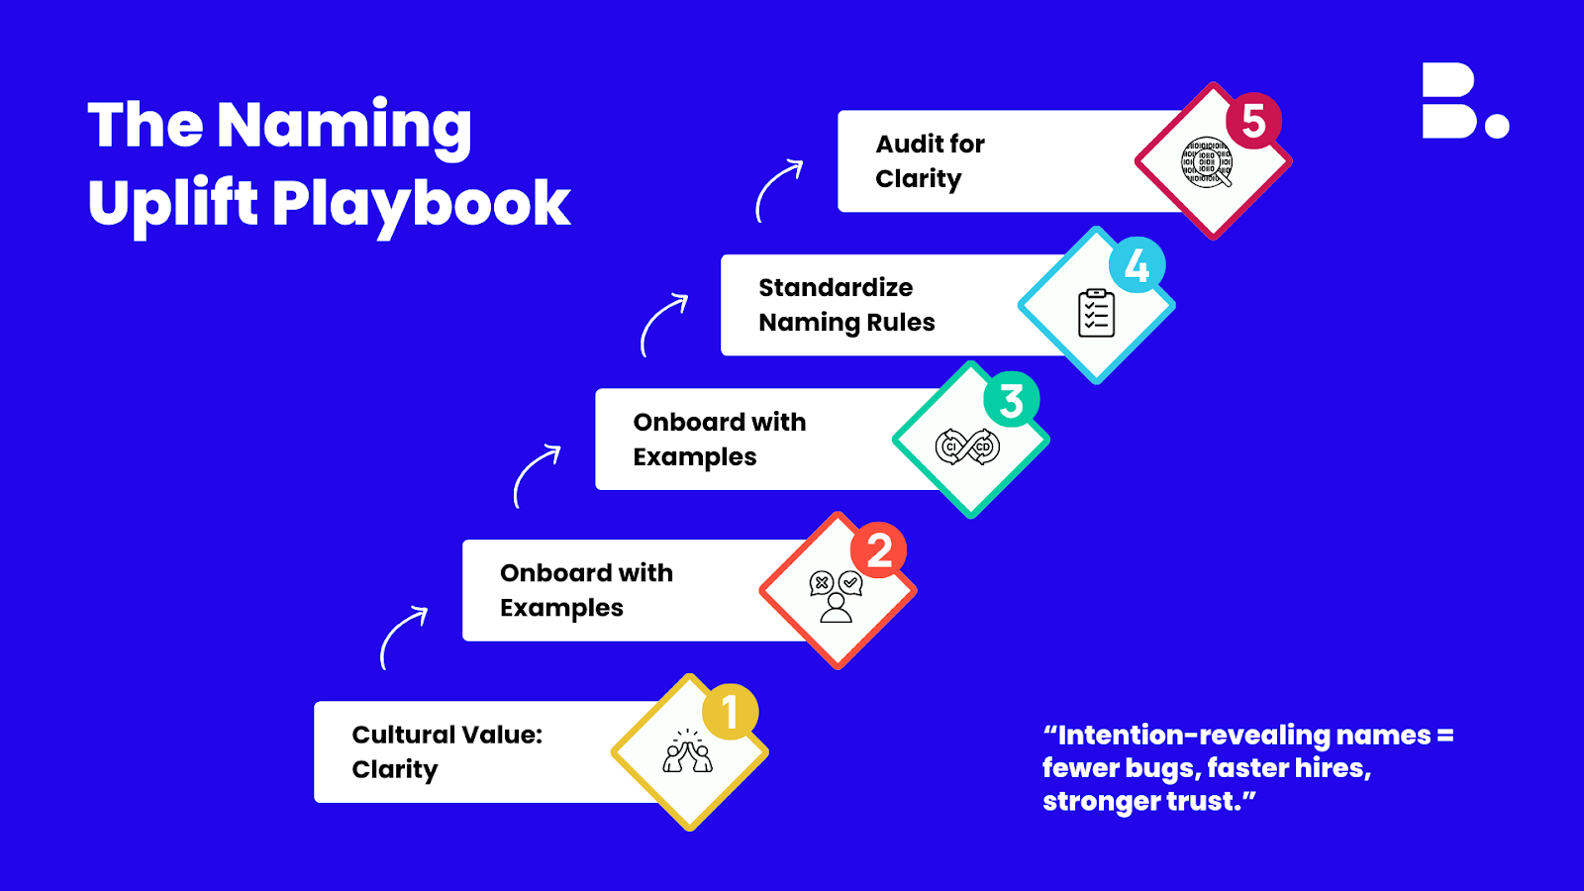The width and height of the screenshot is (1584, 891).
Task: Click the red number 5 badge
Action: click(1253, 121)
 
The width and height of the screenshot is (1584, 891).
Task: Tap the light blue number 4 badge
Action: click(1137, 266)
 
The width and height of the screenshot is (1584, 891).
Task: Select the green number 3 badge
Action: click(1011, 400)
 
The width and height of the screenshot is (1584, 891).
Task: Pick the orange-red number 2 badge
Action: click(878, 550)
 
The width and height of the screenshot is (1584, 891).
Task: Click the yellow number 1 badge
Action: click(730, 712)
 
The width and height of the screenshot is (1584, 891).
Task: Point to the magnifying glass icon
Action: click(1207, 162)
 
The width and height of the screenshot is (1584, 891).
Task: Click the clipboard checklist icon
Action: click(1096, 313)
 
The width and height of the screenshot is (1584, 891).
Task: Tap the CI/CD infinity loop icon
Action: click(967, 446)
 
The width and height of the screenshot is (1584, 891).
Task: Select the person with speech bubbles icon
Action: click(836, 596)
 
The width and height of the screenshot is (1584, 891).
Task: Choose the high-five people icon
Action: click(687, 751)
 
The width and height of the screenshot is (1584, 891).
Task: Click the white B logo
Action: click(1465, 100)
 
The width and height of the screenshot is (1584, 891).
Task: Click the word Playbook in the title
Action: click(421, 205)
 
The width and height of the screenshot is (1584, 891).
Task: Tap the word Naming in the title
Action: click(344, 128)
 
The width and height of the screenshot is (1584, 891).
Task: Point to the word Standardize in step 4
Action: click(836, 288)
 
